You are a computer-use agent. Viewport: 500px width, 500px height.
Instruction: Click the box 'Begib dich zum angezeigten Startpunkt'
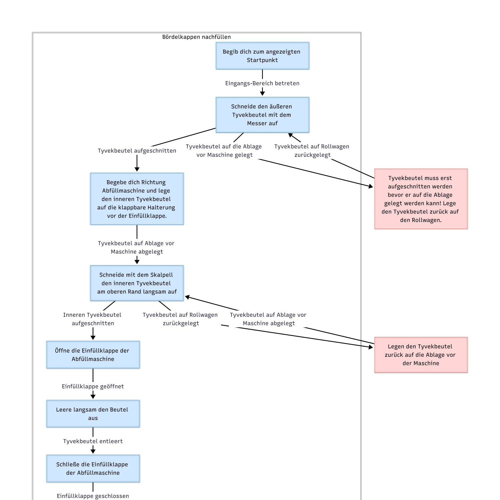[x=262, y=56]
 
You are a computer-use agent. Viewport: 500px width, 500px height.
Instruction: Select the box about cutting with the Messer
[x=262, y=115]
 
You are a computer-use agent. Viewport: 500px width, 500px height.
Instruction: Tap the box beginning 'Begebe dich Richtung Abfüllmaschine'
[x=137, y=199]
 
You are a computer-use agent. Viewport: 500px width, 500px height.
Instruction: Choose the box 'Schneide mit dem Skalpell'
[x=137, y=283]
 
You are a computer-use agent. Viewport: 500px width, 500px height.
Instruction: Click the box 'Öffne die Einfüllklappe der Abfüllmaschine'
[x=93, y=355]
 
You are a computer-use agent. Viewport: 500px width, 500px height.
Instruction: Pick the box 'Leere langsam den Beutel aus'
[x=93, y=414]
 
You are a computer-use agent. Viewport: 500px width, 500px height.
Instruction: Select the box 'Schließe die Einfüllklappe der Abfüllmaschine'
[x=93, y=469]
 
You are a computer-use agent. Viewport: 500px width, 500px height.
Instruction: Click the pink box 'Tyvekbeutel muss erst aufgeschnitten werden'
[x=421, y=199]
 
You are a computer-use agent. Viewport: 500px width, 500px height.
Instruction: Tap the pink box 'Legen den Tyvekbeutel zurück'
[x=421, y=355]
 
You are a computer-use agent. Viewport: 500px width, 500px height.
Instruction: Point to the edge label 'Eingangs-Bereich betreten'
[x=262, y=83]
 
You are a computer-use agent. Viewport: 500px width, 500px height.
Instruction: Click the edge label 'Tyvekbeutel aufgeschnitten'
[x=137, y=151]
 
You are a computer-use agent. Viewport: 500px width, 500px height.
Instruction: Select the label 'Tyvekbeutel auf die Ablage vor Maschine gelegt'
[x=224, y=151]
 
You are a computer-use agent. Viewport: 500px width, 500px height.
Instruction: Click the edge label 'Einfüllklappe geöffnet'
[x=93, y=386]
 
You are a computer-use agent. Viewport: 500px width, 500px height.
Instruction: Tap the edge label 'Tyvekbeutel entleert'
[x=93, y=441]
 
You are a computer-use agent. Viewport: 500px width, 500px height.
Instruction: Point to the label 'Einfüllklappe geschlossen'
[x=93, y=496]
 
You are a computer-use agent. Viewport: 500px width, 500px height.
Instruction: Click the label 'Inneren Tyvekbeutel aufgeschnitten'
[x=92, y=319]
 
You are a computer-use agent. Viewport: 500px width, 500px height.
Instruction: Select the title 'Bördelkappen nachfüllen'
[x=196, y=37]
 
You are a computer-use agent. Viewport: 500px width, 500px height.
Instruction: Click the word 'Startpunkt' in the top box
[x=262, y=60]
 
